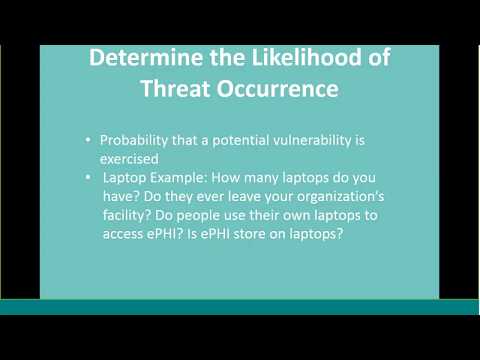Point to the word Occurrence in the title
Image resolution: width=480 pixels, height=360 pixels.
point(279,89)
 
